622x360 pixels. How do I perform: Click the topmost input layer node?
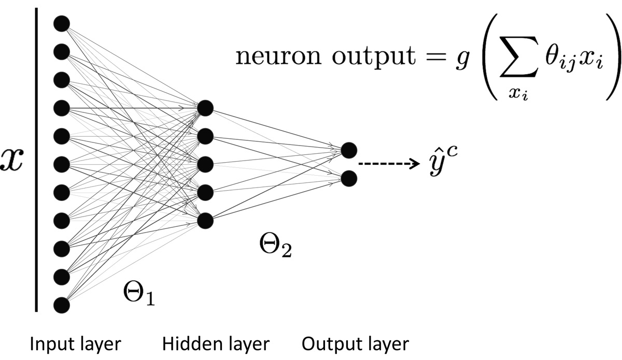61,23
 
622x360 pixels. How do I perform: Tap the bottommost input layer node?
61,304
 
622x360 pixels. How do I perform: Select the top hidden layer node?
205,108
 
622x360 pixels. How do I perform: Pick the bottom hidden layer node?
205,220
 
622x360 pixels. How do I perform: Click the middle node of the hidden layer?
205,164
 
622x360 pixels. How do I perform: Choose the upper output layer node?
349,150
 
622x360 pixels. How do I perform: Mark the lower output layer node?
349,178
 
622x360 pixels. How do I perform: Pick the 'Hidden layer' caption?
216,343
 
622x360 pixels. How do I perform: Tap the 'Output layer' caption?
356,343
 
